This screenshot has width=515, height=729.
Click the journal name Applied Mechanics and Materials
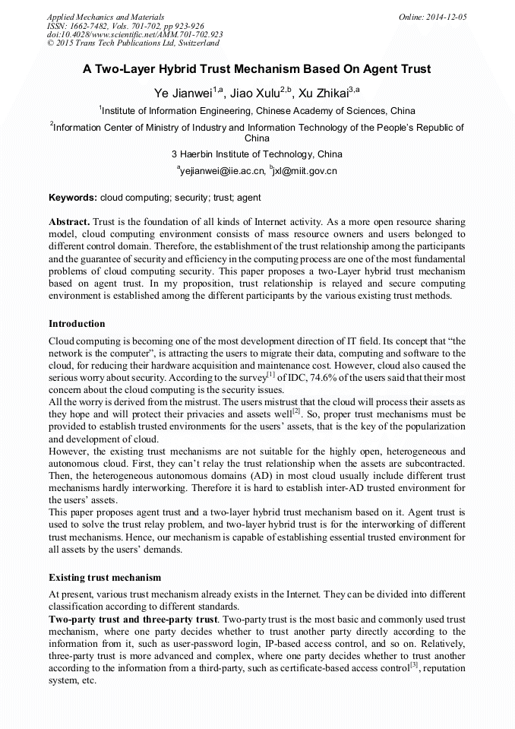pyautogui.click(x=105, y=16)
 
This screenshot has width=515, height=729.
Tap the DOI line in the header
pyautogui.click(x=134, y=34)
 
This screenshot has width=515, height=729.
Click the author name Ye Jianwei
pyautogui.click(x=182, y=93)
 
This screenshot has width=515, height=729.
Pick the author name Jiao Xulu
pyautogui.click(x=254, y=93)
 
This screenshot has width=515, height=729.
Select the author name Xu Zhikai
pyautogui.click(x=322, y=93)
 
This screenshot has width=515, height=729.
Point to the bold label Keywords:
pyautogui.click(x=73, y=198)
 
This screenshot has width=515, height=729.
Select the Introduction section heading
pyautogui.click(x=77, y=324)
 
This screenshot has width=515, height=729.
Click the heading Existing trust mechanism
pyautogui.click(x=105, y=578)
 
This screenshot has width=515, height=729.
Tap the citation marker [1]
pyautogui.click(x=270, y=375)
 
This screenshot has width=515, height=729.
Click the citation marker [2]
pyautogui.click(x=297, y=411)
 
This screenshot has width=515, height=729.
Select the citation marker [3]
pyautogui.click(x=414, y=666)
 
